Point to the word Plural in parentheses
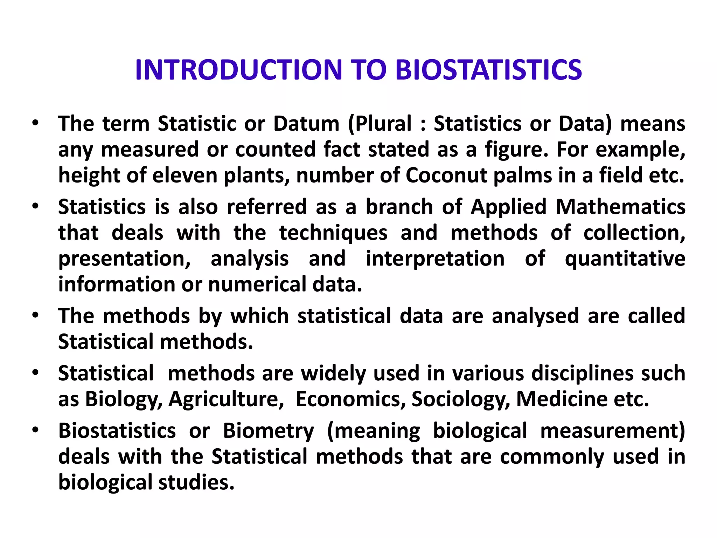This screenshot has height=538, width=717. coord(384,124)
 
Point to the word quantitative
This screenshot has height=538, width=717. coord(625,258)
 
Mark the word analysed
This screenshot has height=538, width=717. coord(535,316)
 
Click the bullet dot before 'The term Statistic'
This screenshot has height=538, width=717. coord(35,124)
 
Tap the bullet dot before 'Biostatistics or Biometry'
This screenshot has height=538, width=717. coord(35,430)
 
